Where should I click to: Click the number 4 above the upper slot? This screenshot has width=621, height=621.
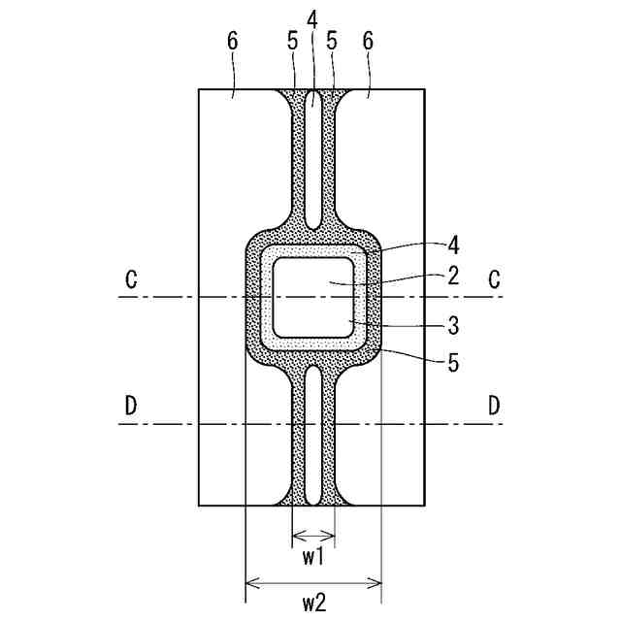pyautogui.click(x=311, y=18)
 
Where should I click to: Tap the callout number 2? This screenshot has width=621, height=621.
pyautogui.click(x=452, y=275)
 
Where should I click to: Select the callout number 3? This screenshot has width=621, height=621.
pyautogui.click(x=452, y=320)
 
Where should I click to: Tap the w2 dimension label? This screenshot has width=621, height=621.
pyautogui.click(x=312, y=603)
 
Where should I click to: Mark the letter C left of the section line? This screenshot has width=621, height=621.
pyautogui.click(x=130, y=279)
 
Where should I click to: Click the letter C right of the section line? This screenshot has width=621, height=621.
pyautogui.click(x=494, y=279)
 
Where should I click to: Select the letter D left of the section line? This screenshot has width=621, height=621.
pyautogui.click(x=130, y=407)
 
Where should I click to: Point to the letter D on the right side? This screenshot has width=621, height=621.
pyautogui.click(x=494, y=407)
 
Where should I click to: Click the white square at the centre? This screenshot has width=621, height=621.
pyautogui.click(x=311, y=296)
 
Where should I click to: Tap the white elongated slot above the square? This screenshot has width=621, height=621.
pyautogui.click(x=312, y=160)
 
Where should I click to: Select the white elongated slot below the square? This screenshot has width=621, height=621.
pyautogui.click(x=312, y=434)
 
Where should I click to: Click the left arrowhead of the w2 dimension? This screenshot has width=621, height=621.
pyautogui.click(x=249, y=583)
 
